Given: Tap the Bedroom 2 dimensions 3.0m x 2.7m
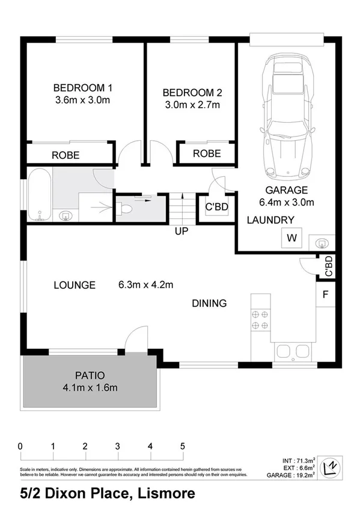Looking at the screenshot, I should pos(192,105).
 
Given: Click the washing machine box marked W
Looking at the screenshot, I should pos(292,238).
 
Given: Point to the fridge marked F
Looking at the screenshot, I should pos(325,295).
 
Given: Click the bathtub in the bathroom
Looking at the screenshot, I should pos(38,196).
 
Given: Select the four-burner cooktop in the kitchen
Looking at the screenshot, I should pos(260,319).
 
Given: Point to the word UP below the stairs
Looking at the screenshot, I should pos(182,231).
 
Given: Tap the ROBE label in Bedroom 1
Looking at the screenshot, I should pos(66,155).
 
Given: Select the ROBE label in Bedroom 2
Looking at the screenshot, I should pos(206,153).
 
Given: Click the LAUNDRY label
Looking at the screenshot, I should pos(271,220).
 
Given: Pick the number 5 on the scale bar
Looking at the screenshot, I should pos(182,447).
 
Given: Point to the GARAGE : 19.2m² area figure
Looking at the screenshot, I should pos(291,475).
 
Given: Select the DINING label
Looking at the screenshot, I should pos(209,303).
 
